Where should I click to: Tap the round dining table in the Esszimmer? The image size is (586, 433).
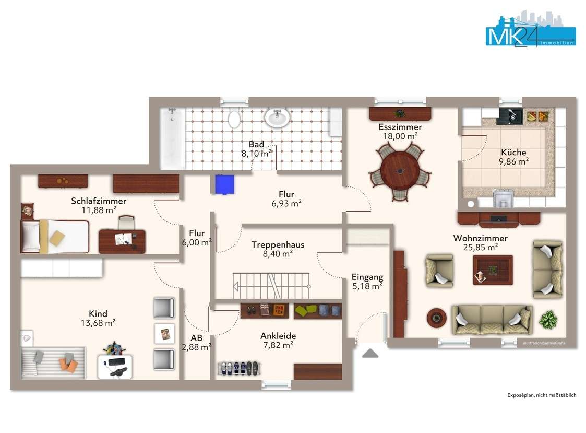tap(400, 170)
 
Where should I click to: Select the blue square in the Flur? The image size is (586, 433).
tap(224, 184)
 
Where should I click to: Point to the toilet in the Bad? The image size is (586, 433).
tap(234, 119)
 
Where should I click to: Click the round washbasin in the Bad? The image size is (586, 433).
tap(277, 118)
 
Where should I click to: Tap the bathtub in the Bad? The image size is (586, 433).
tap(172, 138)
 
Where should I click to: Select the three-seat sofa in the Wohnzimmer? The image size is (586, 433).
tap(492, 320)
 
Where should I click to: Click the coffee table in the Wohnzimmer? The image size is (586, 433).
tap(493, 270)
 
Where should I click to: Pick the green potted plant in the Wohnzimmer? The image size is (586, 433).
tap(548, 320)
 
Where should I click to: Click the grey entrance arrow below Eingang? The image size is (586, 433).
tap(370, 353)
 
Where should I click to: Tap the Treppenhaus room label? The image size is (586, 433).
tap(278, 245)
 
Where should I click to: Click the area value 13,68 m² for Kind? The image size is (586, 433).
tap(98, 323)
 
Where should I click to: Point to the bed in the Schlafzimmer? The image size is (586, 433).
tap(55, 237)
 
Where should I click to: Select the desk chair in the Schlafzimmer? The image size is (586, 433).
tap(126, 223)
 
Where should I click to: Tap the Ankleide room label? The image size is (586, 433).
tap(278, 336)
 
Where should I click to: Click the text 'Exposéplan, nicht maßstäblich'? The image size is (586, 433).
tap(542, 395)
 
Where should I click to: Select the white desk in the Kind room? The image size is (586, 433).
tap(115, 366)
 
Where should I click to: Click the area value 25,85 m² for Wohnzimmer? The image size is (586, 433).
tap(480, 248)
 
